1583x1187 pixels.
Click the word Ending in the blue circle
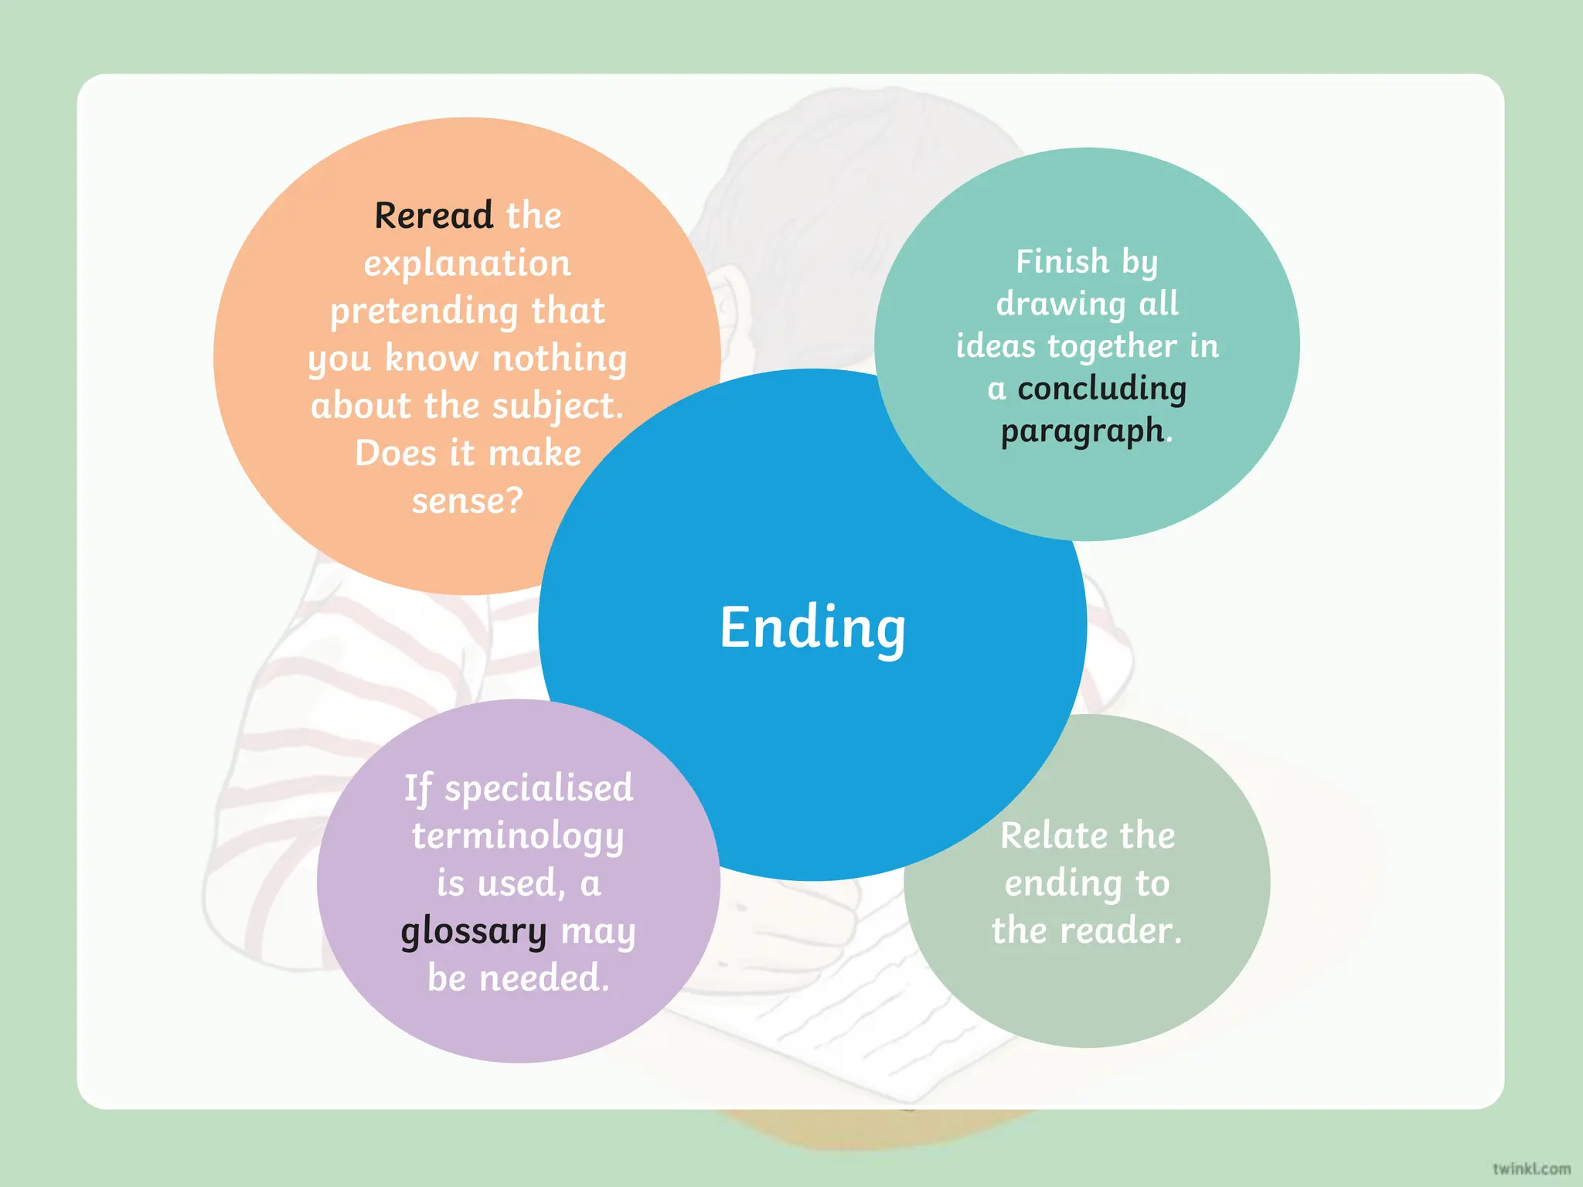(812, 628)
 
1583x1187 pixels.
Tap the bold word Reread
(434, 215)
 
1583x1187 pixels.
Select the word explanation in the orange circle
(467, 264)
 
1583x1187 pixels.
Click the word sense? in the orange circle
(467, 501)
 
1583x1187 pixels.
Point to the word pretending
(424, 311)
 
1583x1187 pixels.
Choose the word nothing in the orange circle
(560, 359)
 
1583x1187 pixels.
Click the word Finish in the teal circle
(1062, 261)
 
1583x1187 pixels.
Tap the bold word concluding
(1101, 388)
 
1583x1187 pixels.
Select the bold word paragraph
(1082, 431)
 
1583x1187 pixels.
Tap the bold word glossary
(473, 931)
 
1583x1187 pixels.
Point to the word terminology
(517, 836)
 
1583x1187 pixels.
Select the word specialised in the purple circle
(539, 788)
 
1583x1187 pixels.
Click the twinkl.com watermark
(1531, 1168)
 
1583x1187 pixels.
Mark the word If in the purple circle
(417, 788)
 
